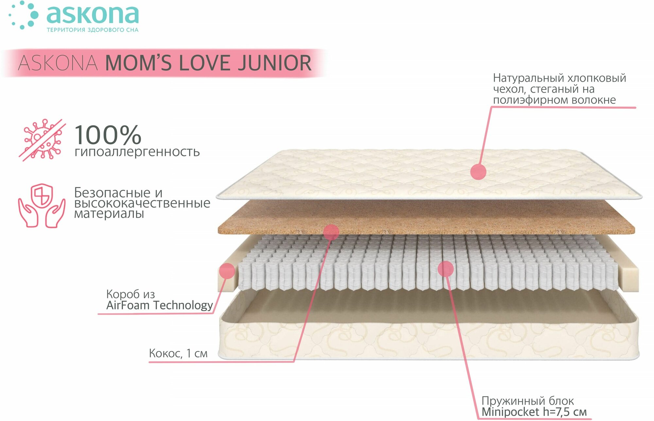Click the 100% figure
pyautogui.click(x=108, y=135)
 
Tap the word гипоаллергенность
pyautogui.click(x=137, y=152)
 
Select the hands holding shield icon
pyautogui.click(x=42, y=206)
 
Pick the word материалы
pyautogui.click(x=109, y=214)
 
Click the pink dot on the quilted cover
pyautogui.click(x=478, y=171)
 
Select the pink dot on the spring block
pyautogui.click(x=445, y=269)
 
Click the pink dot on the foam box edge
pyautogui.click(x=227, y=271)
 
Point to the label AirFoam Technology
pyautogui.click(x=160, y=305)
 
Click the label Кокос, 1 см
pyautogui.click(x=178, y=353)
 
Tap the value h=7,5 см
pyautogui.click(x=564, y=412)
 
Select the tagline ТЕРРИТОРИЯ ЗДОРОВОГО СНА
pyautogui.click(x=93, y=30)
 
